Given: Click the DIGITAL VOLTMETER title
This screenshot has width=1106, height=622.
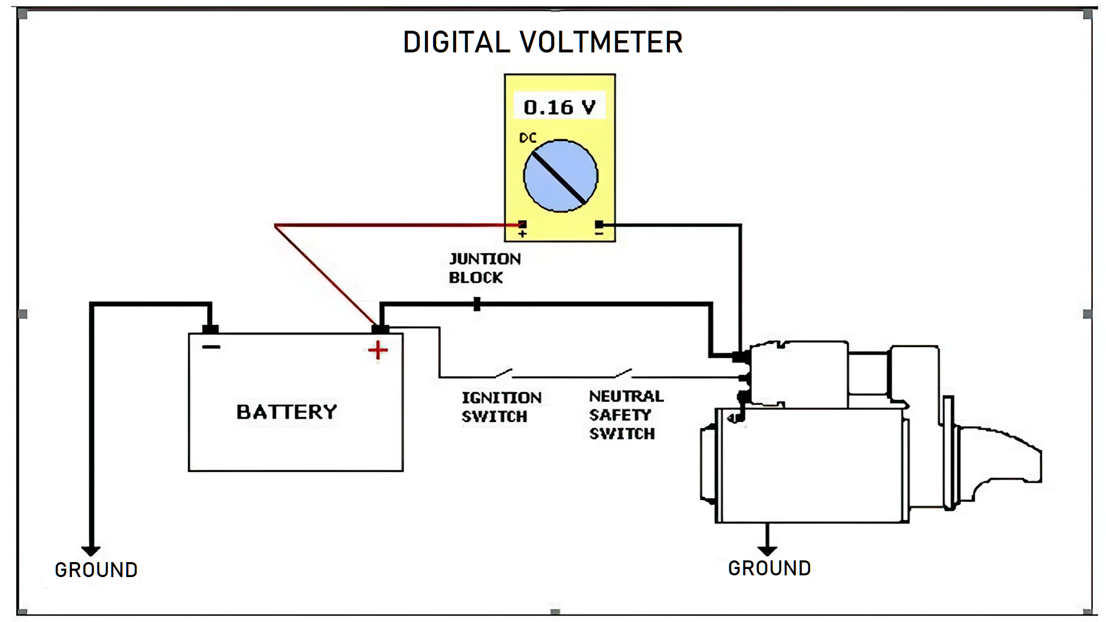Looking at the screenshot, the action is coord(543,43).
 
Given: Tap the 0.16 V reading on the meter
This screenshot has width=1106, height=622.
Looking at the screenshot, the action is coord(559,107).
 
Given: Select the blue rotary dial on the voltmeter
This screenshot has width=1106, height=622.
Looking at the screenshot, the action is coord(560,176).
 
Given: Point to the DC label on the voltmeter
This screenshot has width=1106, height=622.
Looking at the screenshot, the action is coord(528,138).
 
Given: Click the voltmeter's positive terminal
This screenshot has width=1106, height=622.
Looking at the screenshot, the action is coord(522,225).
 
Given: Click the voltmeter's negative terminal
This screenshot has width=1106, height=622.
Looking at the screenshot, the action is coord(599,225).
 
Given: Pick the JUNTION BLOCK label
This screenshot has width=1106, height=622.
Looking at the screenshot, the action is coord(485,268).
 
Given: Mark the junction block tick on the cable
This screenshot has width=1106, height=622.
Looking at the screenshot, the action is coord(477,304).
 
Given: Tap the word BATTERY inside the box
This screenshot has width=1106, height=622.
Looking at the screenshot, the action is coord(287,412).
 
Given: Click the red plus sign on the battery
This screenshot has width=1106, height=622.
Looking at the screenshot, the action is coord(378,350).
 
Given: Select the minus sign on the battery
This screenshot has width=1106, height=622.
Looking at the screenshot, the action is coord(211,347).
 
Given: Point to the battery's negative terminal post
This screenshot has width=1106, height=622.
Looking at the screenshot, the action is coord(210,329).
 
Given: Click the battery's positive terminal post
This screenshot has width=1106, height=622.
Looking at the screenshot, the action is coord(380,329).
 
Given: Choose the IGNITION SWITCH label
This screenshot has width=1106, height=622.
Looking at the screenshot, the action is coord(501,407).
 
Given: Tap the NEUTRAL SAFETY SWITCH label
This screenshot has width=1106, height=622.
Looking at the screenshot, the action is coord(626,415).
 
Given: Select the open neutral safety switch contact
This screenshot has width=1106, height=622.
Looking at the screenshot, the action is coord(624,374).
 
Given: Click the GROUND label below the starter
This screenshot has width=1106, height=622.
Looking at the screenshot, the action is coord(770,568).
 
